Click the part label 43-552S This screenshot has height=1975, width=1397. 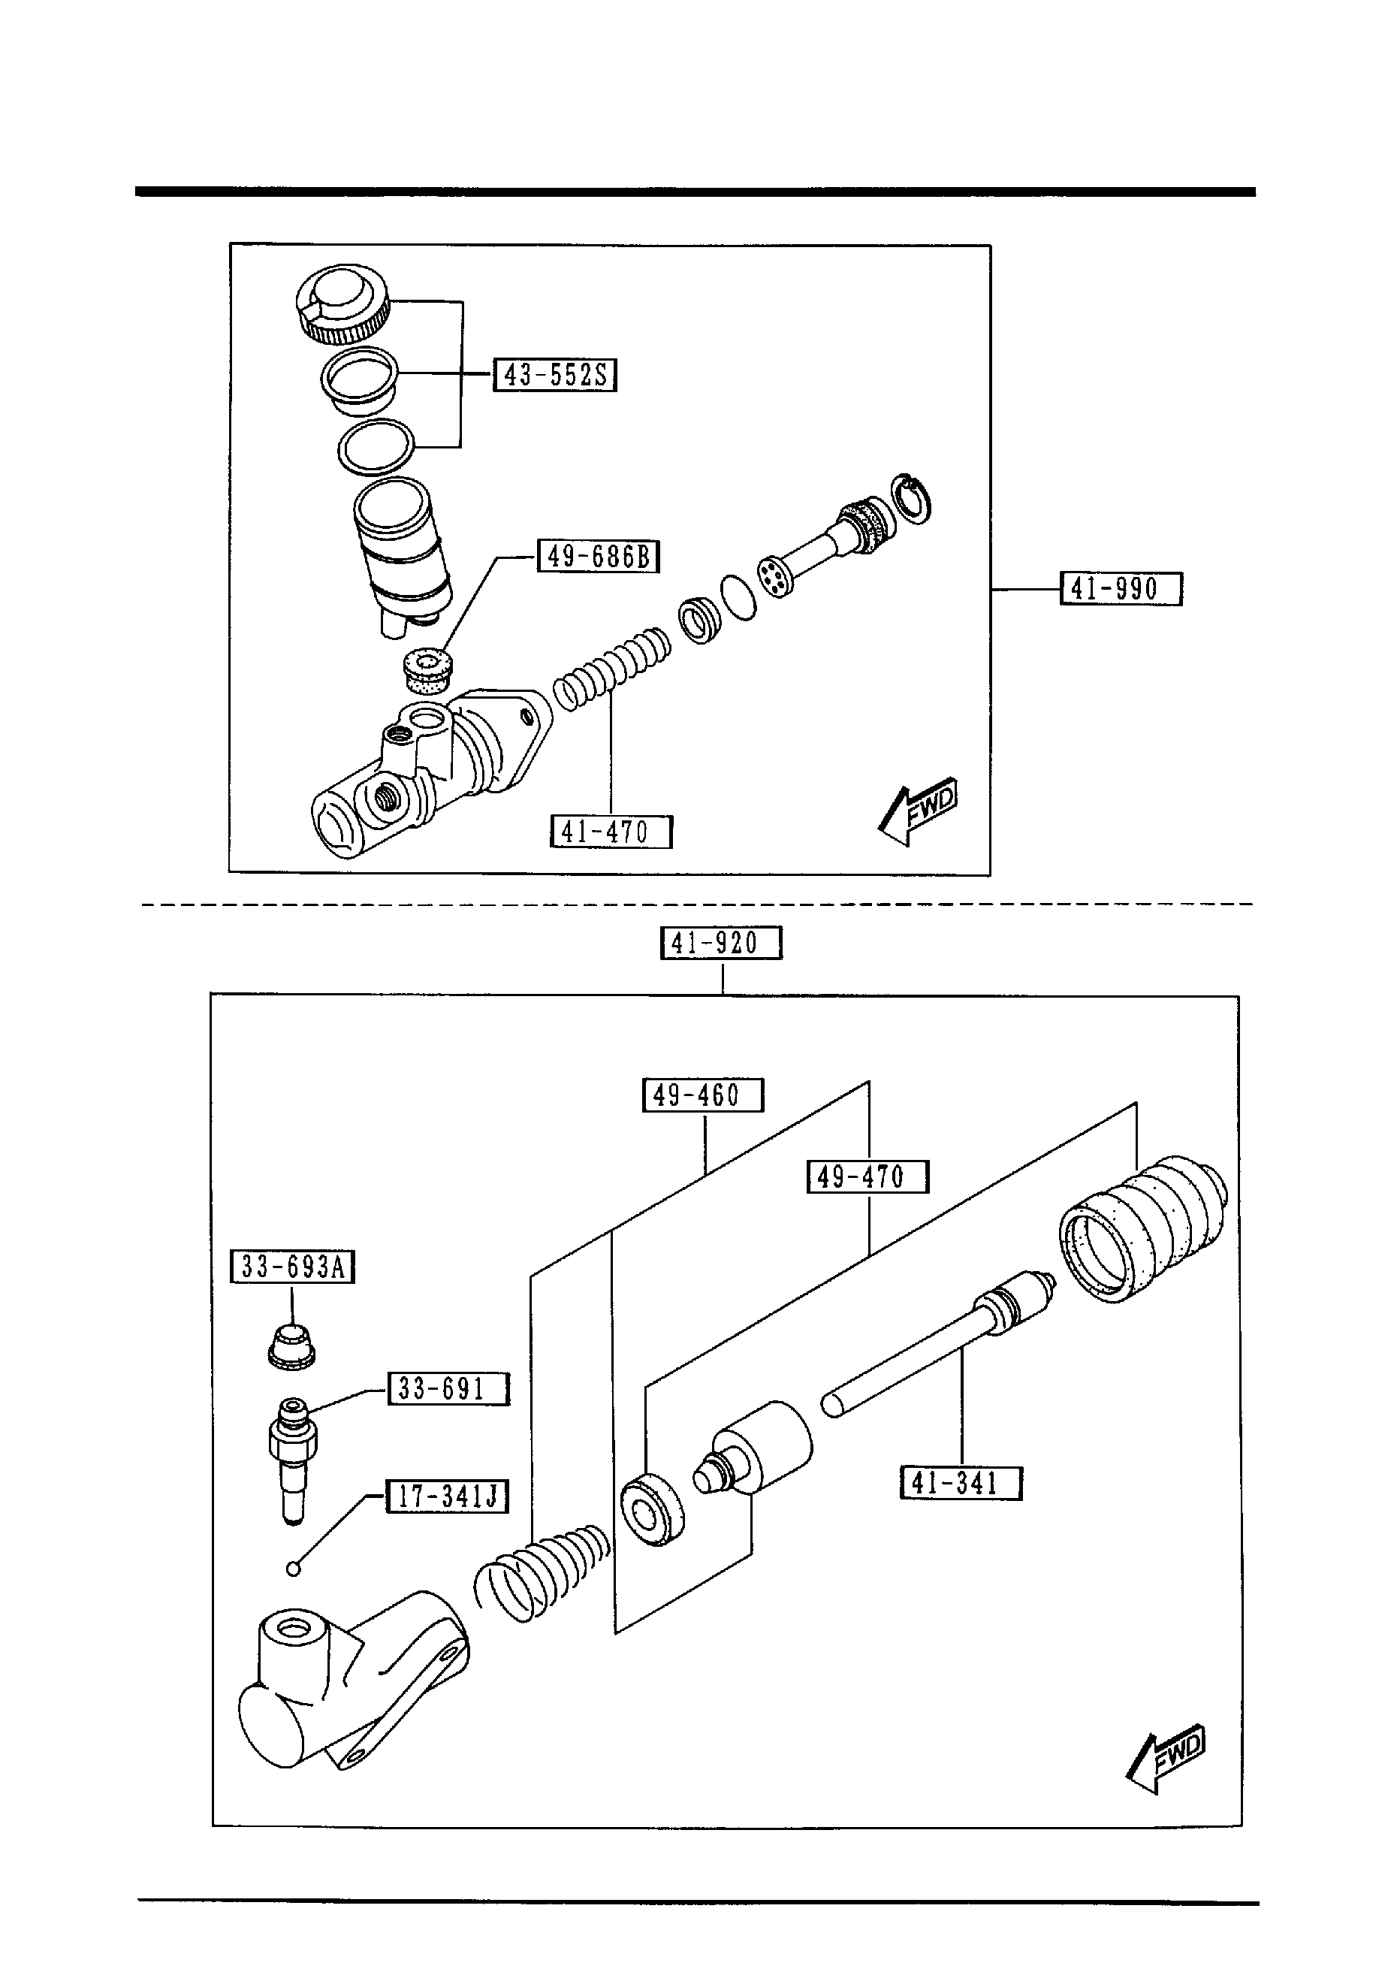pos(555,375)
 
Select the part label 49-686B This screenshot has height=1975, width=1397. pos(598,557)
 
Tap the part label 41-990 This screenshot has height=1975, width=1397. pos(1120,589)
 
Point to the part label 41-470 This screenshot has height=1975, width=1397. pos(611,832)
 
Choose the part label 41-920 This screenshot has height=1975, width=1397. pos(721,943)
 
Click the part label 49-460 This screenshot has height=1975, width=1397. pos(703,1095)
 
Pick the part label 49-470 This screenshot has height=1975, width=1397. pos(867,1176)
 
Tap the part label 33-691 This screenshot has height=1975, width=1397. pos(448,1389)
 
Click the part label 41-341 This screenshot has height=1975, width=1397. pos(961,1483)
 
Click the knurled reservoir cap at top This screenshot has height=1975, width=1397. pos(342,304)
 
